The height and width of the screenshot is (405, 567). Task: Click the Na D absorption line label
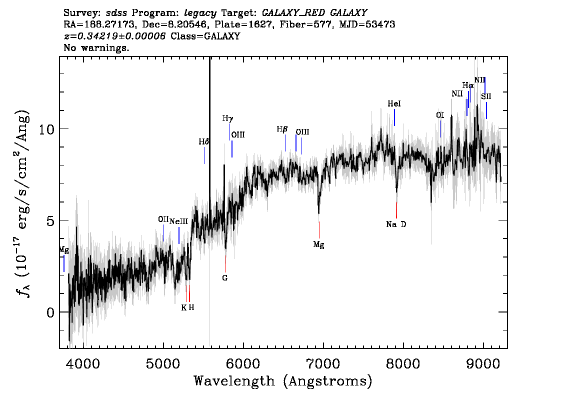click(396, 224)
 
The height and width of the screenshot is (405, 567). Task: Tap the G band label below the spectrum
click(225, 278)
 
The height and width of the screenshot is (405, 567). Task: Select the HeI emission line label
click(394, 104)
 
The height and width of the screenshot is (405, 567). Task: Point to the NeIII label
click(178, 221)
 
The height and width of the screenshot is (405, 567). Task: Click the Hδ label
click(204, 142)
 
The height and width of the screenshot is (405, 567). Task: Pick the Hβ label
click(282, 129)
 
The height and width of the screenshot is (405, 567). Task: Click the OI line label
click(440, 115)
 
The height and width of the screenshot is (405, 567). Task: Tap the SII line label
click(486, 96)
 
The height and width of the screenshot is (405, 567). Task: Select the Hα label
click(468, 85)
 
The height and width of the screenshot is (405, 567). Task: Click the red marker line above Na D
click(396, 210)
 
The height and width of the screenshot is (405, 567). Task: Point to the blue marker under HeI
click(394, 117)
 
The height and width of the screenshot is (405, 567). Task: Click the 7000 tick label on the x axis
click(323, 364)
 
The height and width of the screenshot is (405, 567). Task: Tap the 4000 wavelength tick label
click(83, 364)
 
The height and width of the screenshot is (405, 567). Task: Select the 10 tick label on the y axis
click(46, 129)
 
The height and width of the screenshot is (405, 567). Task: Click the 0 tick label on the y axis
click(50, 312)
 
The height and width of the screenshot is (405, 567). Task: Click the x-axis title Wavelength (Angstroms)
click(283, 381)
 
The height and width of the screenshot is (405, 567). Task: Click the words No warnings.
click(96, 47)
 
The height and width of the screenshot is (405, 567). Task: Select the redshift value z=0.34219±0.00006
click(114, 36)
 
